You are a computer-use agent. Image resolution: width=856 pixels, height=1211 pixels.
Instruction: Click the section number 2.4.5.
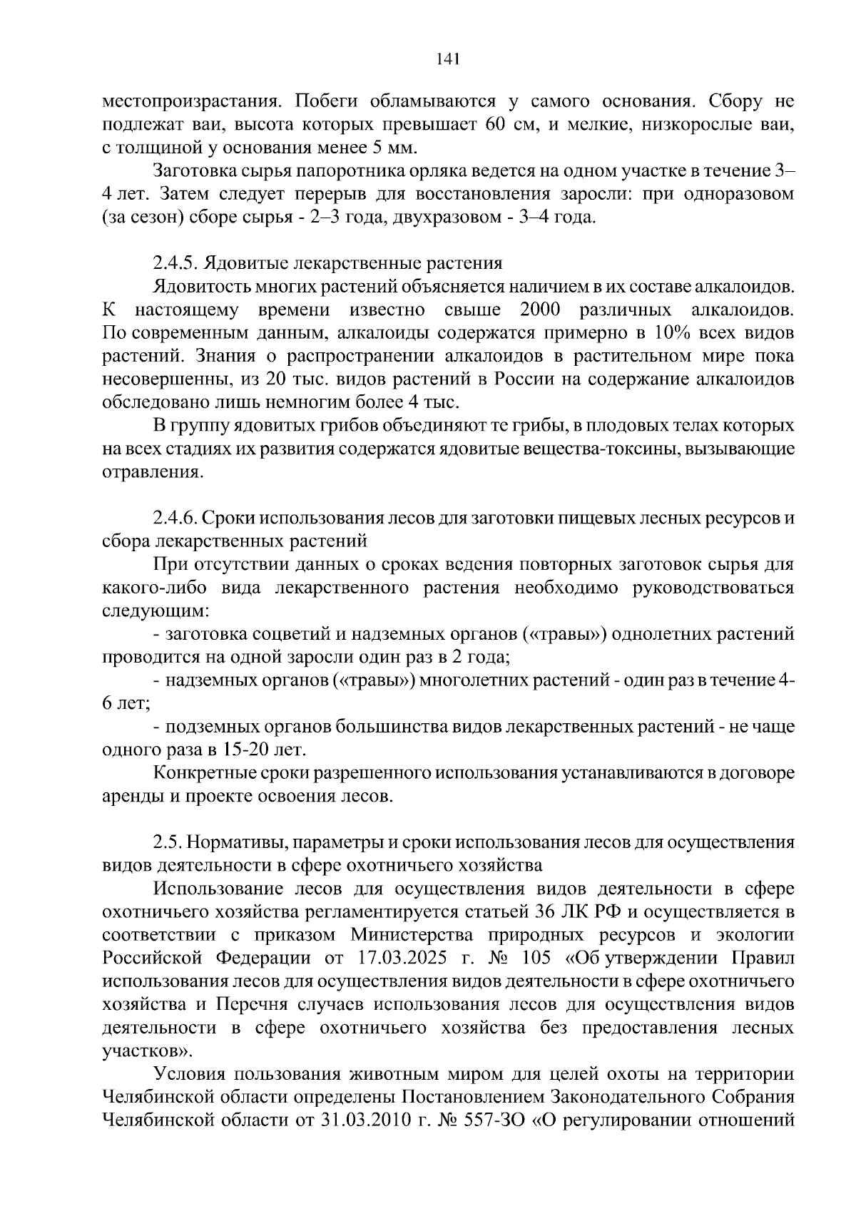coord(175,263)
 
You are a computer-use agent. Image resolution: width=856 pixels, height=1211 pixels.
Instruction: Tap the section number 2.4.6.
coord(175,518)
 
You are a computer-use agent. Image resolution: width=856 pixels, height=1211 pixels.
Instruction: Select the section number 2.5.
coord(168,842)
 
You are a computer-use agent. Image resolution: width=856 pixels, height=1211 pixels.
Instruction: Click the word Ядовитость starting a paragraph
coord(200,287)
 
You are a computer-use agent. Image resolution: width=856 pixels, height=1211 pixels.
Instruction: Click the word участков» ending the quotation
coord(146,1051)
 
